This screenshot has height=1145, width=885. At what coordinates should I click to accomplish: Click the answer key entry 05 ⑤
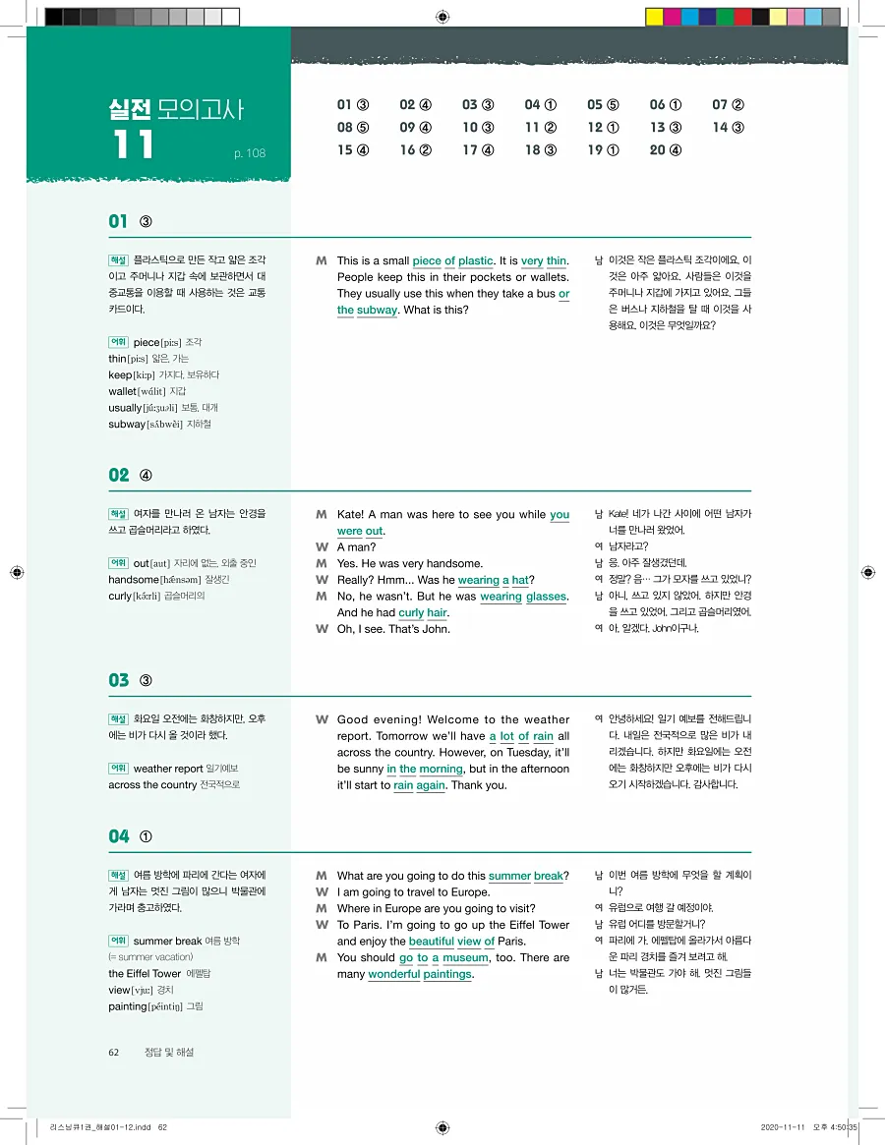point(603,105)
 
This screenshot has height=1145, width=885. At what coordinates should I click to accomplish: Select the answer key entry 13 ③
point(665,128)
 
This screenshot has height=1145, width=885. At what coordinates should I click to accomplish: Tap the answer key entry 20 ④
point(665,150)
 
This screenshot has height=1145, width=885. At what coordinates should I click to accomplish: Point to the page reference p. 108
point(250,153)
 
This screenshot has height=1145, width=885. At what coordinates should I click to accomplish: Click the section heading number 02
point(119,476)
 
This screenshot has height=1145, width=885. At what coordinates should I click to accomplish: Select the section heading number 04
point(119,836)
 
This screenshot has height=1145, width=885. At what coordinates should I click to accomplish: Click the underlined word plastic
point(475,261)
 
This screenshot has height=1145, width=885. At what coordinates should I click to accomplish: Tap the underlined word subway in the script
point(377,311)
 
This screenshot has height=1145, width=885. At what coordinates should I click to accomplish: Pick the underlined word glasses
point(546,597)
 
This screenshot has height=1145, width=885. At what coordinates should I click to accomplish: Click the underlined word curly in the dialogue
point(411,613)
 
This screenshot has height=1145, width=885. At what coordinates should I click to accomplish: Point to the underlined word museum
point(465,958)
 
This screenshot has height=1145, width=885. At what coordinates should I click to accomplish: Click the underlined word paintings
point(447,975)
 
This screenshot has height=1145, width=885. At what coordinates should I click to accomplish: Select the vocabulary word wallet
point(123,391)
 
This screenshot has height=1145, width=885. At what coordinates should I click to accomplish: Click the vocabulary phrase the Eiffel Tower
point(145,974)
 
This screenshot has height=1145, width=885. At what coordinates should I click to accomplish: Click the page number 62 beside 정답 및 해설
point(114,1052)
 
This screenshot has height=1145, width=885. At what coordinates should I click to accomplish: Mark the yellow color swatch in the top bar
point(655,17)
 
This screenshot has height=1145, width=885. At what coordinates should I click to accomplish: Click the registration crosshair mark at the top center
point(442,17)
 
